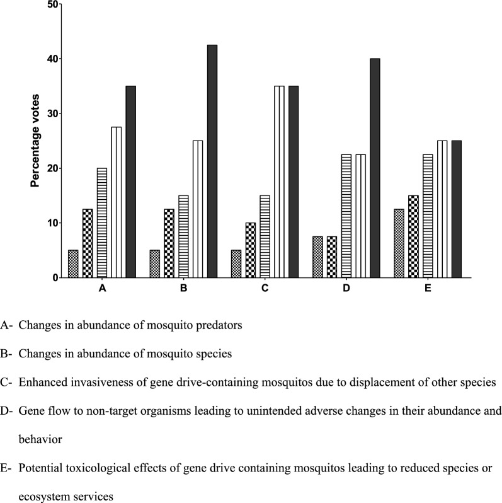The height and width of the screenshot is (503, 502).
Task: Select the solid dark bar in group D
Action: point(375,168)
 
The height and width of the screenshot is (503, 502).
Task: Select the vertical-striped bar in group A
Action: point(117,202)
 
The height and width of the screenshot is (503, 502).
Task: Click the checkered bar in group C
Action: point(251,250)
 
